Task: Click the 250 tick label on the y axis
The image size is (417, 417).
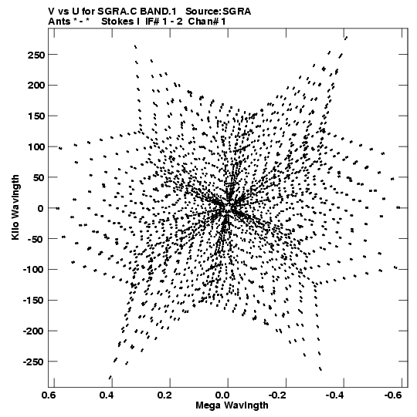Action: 36,55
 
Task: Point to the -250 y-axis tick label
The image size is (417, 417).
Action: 33,362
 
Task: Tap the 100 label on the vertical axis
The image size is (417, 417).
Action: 36,147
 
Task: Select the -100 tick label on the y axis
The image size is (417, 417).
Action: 33,270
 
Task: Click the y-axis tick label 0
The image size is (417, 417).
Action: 40,208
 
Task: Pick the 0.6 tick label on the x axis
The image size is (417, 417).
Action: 49,395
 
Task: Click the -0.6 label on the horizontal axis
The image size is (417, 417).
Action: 393,395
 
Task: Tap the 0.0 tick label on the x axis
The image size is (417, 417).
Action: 223,395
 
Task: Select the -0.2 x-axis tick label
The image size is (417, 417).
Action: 277,395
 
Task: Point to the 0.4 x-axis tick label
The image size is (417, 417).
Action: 107,395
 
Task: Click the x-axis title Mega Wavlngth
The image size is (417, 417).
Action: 232,405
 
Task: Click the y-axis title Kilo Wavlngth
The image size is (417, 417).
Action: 15,207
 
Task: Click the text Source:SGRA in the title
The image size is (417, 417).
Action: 219,12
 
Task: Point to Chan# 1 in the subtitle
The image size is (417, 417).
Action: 207,22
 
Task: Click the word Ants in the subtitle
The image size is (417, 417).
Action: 59,22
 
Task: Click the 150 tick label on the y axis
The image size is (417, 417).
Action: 36,116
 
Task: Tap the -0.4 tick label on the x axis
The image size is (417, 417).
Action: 335,395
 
